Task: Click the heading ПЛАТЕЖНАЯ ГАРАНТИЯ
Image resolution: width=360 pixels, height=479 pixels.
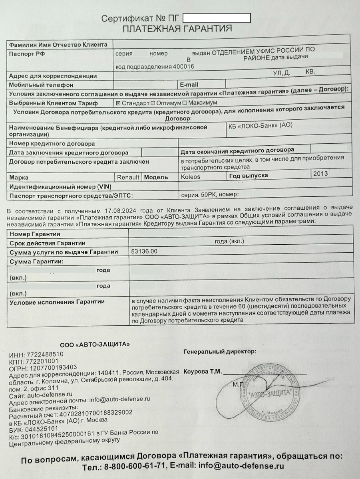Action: point(177,29)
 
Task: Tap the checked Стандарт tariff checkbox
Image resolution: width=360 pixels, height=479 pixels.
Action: point(118,103)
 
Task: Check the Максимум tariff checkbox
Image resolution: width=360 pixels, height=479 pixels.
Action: point(185,103)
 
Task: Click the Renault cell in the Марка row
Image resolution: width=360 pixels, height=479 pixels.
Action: point(128,177)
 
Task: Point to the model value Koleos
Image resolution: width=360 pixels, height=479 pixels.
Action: point(191,176)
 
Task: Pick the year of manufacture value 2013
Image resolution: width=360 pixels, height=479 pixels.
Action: point(320,174)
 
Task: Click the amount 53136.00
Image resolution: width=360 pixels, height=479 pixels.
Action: point(144,251)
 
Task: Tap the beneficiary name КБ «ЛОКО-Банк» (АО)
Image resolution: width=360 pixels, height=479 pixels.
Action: point(260,125)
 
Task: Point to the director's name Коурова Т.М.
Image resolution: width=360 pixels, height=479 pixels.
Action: point(202,371)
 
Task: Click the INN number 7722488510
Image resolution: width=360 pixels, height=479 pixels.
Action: point(44,354)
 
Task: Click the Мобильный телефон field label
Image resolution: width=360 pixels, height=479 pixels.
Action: point(41,85)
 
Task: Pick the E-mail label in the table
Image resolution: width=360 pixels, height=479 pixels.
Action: point(189,85)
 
